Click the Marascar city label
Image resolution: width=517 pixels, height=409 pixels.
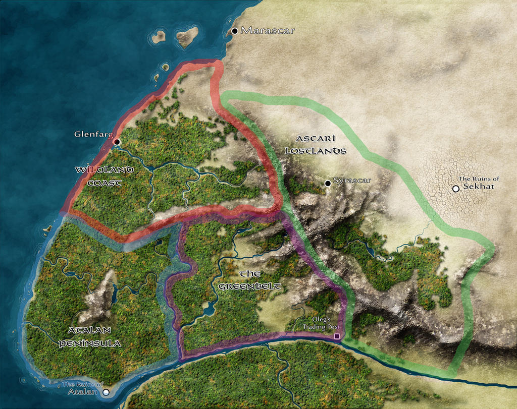point(268,31)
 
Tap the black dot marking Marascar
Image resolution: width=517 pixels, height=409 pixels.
point(235,31)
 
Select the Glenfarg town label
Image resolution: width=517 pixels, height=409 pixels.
point(93,135)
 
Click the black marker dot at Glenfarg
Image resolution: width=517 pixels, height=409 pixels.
point(117,142)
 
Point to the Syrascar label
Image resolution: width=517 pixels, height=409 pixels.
point(352,180)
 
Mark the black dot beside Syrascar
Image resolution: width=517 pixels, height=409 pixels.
point(328,183)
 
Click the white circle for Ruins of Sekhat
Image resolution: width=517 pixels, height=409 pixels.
point(456,189)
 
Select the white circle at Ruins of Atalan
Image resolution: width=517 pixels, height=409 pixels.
point(106,392)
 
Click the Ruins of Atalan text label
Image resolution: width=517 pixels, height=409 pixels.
point(83,388)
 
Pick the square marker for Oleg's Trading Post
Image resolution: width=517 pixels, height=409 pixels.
point(337,336)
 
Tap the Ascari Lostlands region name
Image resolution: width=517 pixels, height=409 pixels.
point(316,144)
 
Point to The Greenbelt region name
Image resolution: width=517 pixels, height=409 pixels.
point(249,280)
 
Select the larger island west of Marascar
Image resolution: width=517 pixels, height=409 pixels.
point(187,36)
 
